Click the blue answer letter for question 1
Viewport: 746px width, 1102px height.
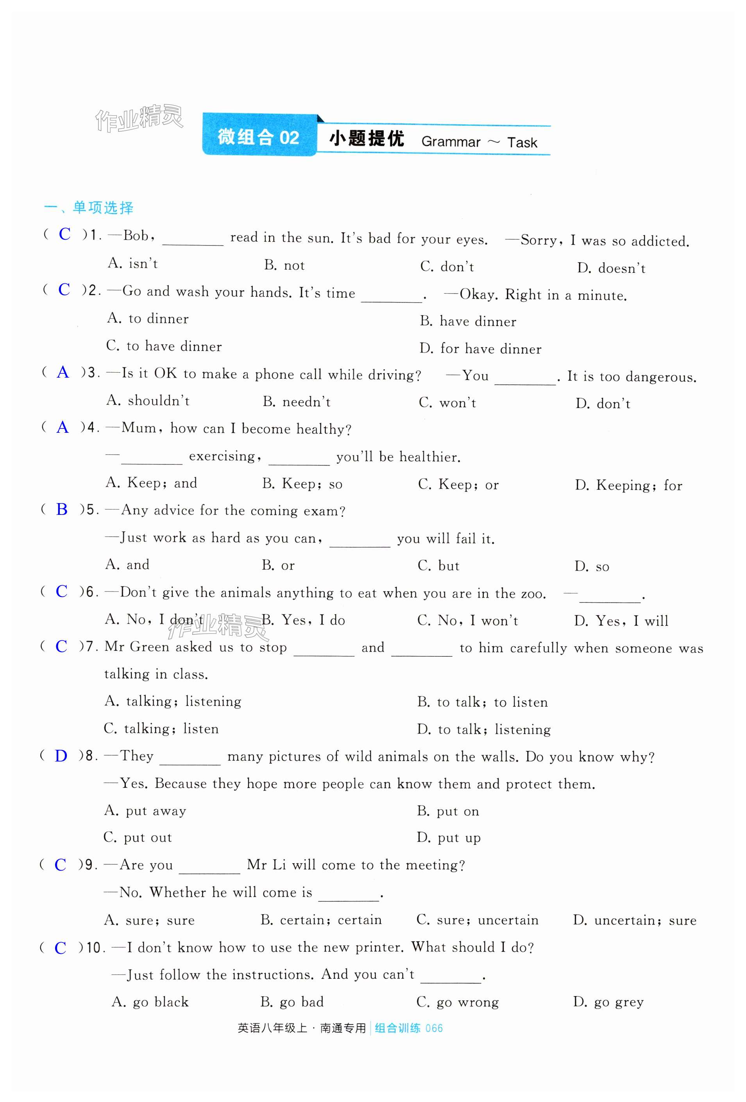pyautogui.click(x=64, y=234)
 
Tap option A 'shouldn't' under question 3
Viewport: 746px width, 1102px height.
pyautogui.click(x=148, y=401)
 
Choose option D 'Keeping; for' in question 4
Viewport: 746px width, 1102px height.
pyautogui.click(x=628, y=485)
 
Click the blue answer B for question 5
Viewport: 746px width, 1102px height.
pyautogui.click(x=62, y=509)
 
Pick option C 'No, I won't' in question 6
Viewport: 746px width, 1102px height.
pyautogui.click(x=467, y=620)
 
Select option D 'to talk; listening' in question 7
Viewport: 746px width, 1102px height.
pyautogui.click(x=484, y=729)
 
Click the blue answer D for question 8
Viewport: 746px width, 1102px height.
pyautogui.click(x=61, y=756)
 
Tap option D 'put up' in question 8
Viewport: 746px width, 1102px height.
pyautogui.click(x=448, y=838)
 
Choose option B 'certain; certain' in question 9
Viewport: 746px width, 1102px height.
pyautogui.click(x=321, y=920)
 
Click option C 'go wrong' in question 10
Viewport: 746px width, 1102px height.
pyautogui.click(x=457, y=1002)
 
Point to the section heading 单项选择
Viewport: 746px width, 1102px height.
pyautogui.click(x=103, y=208)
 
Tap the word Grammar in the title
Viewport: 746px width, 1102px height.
pyautogui.click(x=450, y=142)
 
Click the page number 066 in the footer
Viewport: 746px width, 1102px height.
pyautogui.click(x=434, y=1029)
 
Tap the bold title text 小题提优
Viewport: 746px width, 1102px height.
pyautogui.click(x=367, y=139)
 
